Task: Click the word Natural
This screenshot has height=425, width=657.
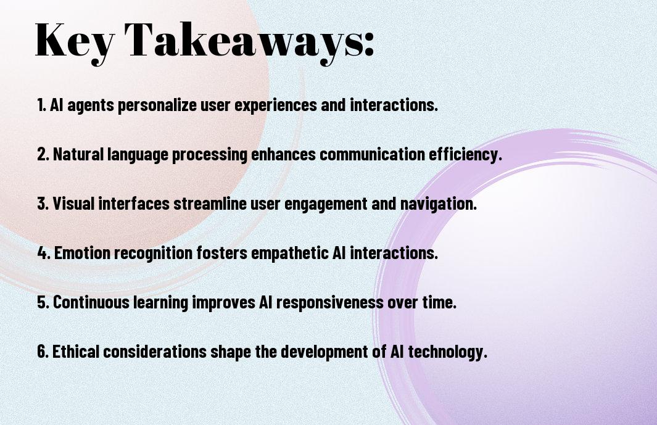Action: point(78,154)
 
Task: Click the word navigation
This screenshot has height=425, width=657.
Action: point(439,204)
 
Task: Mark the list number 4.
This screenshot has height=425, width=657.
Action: point(44,253)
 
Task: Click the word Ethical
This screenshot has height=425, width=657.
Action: point(76,351)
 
